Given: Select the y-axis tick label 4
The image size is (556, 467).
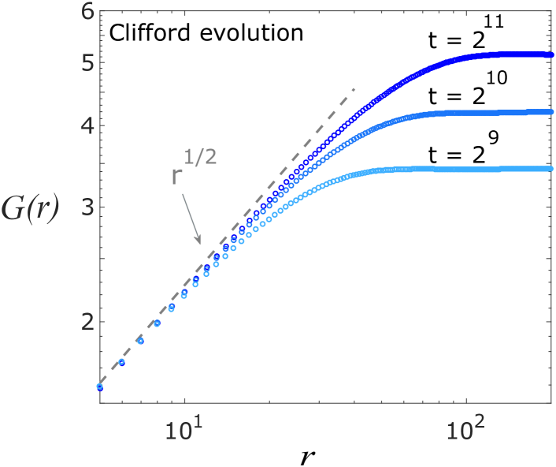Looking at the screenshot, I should click(x=88, y=125).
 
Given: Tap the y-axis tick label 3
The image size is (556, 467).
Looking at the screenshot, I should click(x=88, y=207).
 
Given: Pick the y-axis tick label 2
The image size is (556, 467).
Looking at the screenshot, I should click(x=88, y=322).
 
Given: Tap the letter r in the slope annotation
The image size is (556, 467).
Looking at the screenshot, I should click(x=177, y=176).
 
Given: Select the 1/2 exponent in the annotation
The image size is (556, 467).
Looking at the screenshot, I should click(x=202, y=157).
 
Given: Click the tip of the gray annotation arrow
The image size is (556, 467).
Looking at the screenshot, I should click(x=201, y=243).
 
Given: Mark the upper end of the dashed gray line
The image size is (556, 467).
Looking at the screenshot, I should click(x=355, y=88).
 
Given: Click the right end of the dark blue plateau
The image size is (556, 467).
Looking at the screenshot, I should click(x=548, y=54).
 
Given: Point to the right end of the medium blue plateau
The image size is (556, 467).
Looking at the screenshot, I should click(x=548, y=112).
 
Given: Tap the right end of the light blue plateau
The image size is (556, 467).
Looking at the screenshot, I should click(x=548, y=168).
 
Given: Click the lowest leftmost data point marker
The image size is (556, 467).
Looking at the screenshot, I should click(x=100, y=387).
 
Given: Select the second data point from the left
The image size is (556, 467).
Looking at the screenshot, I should click(x=121, y=362).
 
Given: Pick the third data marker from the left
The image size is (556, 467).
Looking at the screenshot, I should click(x=140, y=341).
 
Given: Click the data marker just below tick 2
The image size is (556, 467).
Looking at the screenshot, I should click(x=157, y=323).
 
